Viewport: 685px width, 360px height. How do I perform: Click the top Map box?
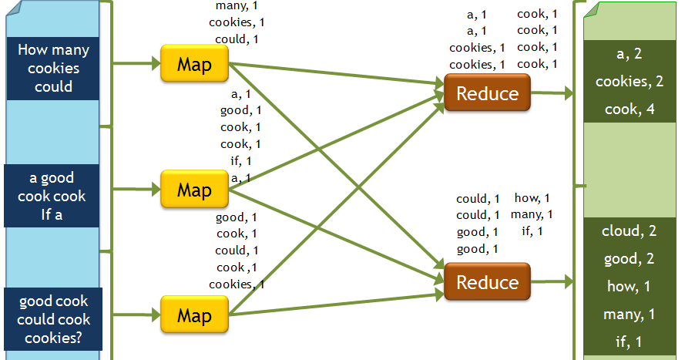(194, 63)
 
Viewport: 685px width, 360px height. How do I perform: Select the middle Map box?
(194, 189)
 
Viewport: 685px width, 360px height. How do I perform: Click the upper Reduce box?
(487, 94)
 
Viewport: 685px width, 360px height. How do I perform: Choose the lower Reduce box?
(487, 282)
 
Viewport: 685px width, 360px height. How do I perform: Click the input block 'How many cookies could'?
(54, 69)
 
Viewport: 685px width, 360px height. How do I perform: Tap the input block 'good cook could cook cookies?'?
(54, 319)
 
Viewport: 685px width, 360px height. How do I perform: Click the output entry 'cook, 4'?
(630, 109)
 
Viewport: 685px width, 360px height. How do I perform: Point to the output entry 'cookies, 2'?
(630, 82)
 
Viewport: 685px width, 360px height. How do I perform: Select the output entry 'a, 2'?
(630, 54)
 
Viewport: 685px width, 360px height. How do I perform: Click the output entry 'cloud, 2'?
(630, 231)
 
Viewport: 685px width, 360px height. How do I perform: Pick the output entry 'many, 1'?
(630, 315)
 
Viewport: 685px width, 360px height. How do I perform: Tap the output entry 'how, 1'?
(630, 287)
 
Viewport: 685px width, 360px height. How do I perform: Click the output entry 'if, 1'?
(630, 341)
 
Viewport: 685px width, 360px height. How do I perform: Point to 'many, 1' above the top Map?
(237, 5)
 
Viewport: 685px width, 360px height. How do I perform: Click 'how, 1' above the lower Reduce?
(532, 198)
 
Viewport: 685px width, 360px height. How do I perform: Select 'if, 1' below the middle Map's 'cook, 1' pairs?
(240, 161)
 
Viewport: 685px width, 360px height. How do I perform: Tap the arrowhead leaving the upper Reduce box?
(569, 94)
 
